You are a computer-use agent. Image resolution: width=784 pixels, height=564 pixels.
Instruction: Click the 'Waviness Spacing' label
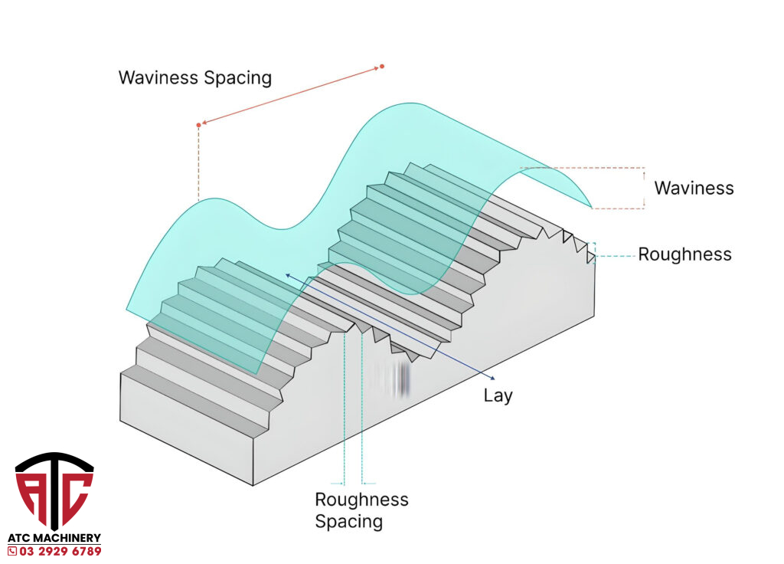coord(194,77)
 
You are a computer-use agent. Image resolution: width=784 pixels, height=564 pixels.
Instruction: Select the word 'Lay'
coord(498,396)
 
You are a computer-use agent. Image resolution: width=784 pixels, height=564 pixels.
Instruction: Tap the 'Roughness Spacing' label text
coord(361,510)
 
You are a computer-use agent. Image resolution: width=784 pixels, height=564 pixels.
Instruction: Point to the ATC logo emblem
coord(54,490)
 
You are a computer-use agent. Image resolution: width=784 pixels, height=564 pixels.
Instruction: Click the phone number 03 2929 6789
coord(60,551)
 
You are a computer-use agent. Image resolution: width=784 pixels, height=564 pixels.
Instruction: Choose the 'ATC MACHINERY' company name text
coord(54,539)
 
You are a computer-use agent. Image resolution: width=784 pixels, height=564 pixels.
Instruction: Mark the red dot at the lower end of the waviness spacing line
coord(198,124)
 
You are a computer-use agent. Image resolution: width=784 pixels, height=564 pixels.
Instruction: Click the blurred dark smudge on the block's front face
coord(397,379)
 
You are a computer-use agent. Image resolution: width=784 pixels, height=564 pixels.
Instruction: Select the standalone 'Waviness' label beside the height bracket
coord(694,188)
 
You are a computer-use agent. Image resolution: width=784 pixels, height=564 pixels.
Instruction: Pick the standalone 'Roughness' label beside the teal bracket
coord(684,254)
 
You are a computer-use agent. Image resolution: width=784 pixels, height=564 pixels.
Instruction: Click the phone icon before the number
coord(12,551)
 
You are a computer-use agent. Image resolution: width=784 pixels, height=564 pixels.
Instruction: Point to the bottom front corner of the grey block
coord(253,485)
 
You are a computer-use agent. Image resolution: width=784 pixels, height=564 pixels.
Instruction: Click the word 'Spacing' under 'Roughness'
coord(348,522)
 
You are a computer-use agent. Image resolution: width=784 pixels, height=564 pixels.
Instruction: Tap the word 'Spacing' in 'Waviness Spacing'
coord(237,77)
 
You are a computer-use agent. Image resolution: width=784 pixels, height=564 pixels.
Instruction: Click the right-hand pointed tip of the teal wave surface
coord(591,207)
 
